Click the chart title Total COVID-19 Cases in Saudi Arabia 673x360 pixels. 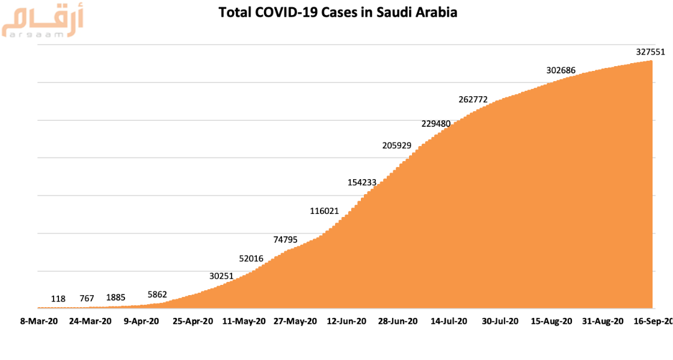coord(337,12)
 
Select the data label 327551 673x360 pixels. coord(651,52)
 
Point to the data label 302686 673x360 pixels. coord(561,70)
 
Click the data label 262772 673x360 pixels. coord(473,100)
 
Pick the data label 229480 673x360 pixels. coord(436,124)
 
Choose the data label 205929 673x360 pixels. coord(397,145)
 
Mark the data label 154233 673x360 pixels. coord(363,183)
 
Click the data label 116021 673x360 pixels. coord(325,211)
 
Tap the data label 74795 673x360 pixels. coord(286,239)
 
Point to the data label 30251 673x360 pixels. coord(222,276)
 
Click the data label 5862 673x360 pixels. coord(157,294)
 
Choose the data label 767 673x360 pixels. coord(87,298)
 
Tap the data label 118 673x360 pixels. coord(58,298)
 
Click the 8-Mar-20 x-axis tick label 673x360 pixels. coord(38,322)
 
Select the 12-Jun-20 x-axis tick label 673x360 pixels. coord(346,322)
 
